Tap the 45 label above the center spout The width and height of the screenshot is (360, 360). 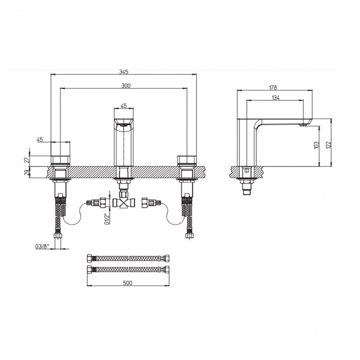[124, 105]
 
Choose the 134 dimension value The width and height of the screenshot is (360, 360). [275, 98]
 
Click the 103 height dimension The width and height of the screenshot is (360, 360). [316, 145]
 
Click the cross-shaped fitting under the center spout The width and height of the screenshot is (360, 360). [124, 203]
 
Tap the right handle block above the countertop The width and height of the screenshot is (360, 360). [187, 161]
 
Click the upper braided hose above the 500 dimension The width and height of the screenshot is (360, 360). [128, 258]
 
